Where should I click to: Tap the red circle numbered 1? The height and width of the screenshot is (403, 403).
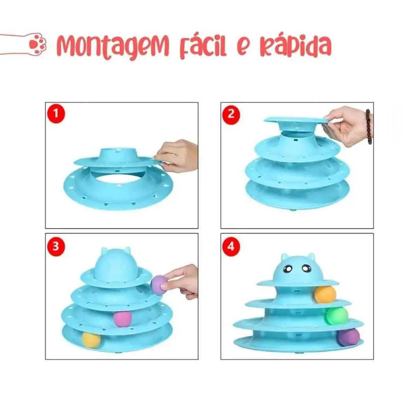(x=56, y=114)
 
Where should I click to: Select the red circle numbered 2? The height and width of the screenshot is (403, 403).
(x=231, y=114)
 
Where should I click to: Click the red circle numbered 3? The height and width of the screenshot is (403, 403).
(x=56, y=246)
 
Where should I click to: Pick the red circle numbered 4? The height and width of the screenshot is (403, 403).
(x=231, y=246)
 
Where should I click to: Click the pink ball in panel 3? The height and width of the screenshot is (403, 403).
(x=123, y=319)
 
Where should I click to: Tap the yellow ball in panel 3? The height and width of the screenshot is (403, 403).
(x=91, y=340)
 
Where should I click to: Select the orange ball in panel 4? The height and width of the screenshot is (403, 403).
(x=325, y=294)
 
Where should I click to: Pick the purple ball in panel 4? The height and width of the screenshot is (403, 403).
(x=349, y=337)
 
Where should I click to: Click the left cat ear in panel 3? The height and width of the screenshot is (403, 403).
(x=105, y=251)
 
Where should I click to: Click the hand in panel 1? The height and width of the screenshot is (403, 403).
(x=177, y=155)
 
